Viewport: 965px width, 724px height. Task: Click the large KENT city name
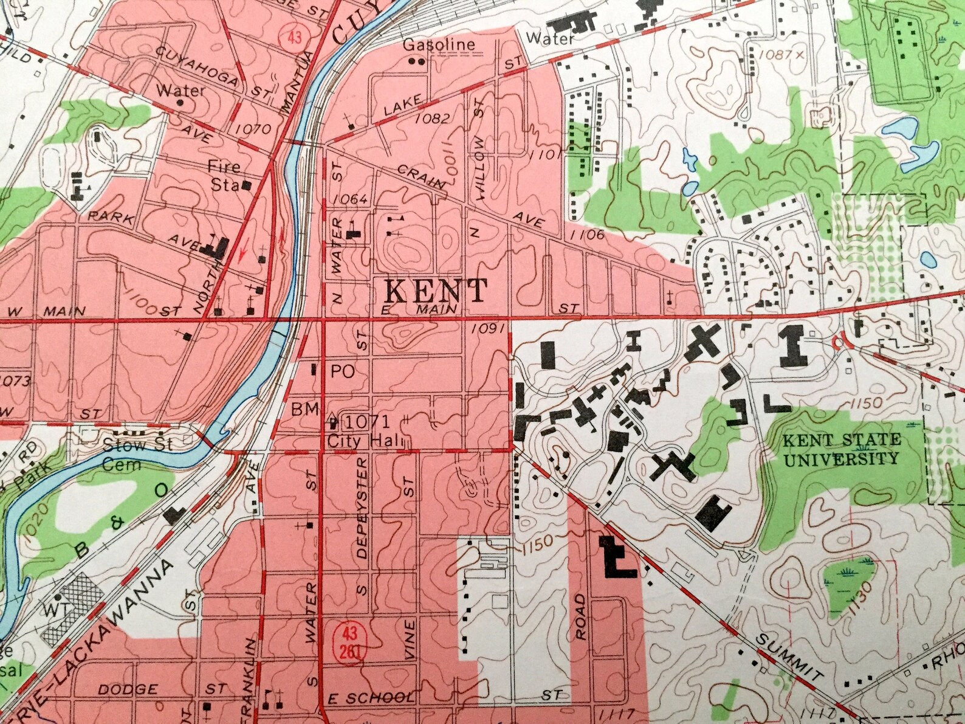pyautogui.click(x=436, y=291)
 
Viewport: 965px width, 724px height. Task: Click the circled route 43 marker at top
pyautogui.click(x=295, y=38)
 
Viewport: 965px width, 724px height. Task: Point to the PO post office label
pyautogui.click(x=343, y=372)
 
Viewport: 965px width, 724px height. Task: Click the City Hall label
pyautogui.click(x=360, y=441)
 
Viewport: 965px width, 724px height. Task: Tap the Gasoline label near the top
pyautogui.click(x=439, y=44)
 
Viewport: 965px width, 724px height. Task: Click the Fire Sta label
pyautogui.click(x=224, y=174)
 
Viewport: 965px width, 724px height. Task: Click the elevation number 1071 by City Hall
pyautogui.click(x=369, y=421)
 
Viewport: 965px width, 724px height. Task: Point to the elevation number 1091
pyautogui.click(x=489, y=329)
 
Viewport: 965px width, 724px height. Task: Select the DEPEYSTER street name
pyautogui.click(x=363, y=508)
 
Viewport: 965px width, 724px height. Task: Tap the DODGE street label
pyautogui.click(x=128, y=689)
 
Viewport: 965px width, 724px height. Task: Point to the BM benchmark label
pyautogui.click(x=305, y=410)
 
